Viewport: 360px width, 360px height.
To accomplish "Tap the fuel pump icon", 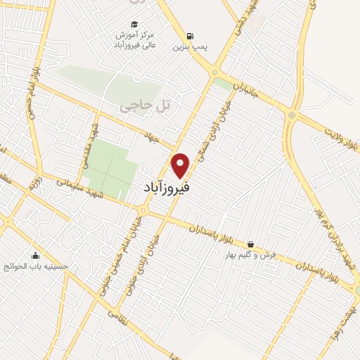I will point(190,36).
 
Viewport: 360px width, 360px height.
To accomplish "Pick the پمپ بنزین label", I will point(190,49).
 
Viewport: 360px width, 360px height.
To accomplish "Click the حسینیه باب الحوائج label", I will point(35,267).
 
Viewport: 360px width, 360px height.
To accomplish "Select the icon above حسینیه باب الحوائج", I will point(35,255).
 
